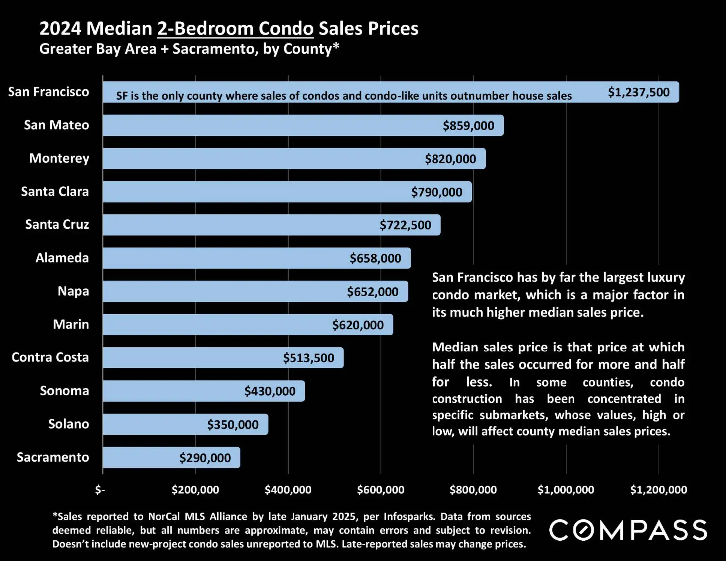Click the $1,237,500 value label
point(638,92)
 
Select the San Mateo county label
point(56,125)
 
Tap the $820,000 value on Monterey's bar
point(450,159)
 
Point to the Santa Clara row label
point(55,192)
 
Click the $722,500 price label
point(405,225)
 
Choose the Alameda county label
point(62,258)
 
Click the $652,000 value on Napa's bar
point(372,292)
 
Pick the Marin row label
point(71,324)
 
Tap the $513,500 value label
point(308,358)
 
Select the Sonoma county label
point(64,391)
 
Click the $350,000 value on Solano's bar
point(232,424)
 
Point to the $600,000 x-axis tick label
point(381,490)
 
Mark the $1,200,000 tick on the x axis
point(658,490)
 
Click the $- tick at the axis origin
point(100,490)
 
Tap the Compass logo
point(628,530)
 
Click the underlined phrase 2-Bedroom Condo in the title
point(235,28)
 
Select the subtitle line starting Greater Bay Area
point(189,49)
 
